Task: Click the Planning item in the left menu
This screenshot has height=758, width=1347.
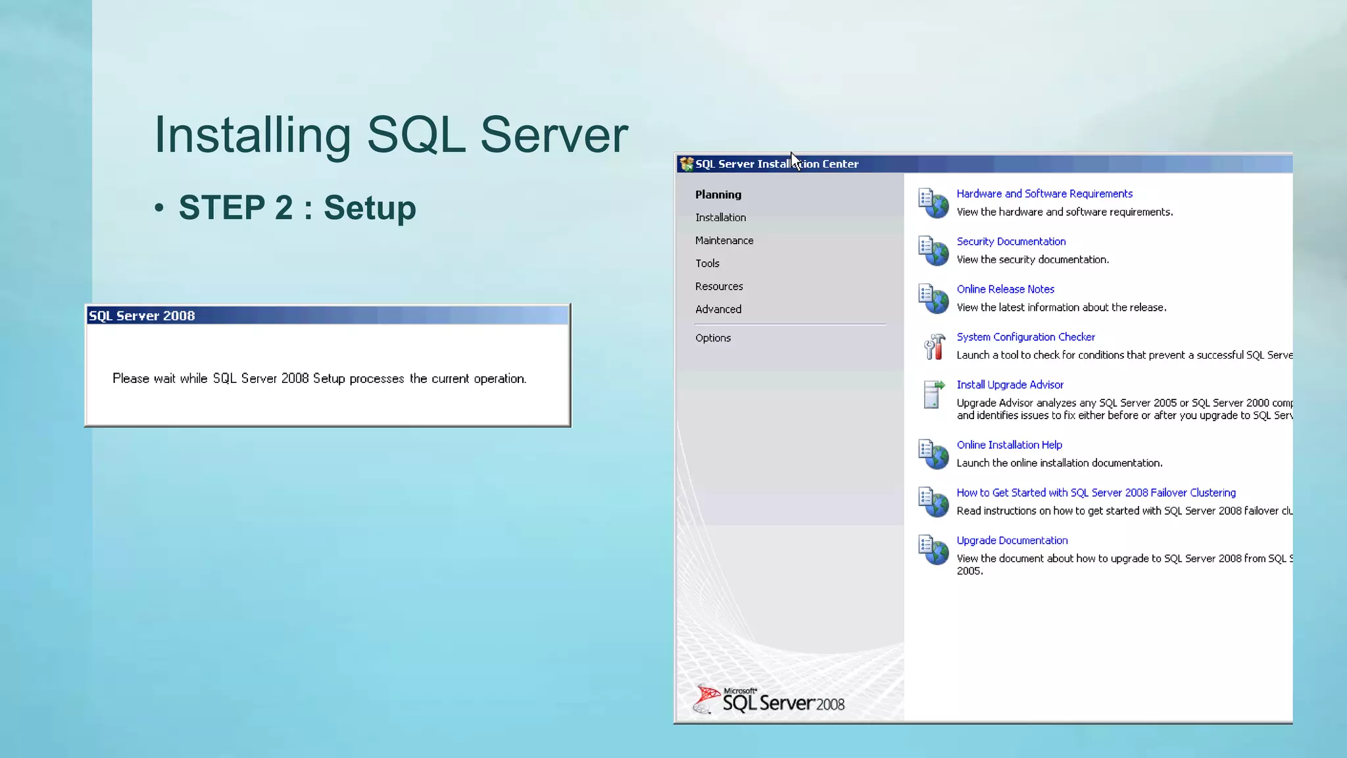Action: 718,195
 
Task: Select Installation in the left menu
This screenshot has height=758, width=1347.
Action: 720,218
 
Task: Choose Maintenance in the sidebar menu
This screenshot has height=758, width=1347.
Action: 724,241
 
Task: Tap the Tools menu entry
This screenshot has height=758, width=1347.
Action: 707,263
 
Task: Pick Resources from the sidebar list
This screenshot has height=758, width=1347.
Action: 719,286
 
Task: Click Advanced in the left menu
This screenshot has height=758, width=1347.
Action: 718,309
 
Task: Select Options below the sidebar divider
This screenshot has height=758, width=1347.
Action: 713,338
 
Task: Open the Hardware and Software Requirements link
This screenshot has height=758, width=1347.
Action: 1044,193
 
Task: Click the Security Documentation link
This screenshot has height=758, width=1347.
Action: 1011,241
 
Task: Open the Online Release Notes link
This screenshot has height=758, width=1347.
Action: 1005,290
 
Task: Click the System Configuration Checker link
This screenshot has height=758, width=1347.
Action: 1025,337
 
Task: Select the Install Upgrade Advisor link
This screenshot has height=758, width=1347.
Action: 1010,385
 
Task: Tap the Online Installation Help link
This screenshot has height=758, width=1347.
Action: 1009,445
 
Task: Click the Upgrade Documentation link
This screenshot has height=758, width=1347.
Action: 1012,541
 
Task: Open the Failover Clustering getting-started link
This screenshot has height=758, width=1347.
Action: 1096,493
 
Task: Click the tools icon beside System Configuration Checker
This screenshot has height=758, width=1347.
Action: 933,346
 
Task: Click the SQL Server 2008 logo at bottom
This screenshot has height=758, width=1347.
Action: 770,701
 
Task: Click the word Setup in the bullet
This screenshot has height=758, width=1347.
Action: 370,208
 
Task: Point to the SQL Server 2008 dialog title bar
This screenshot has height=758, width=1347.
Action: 328,316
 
